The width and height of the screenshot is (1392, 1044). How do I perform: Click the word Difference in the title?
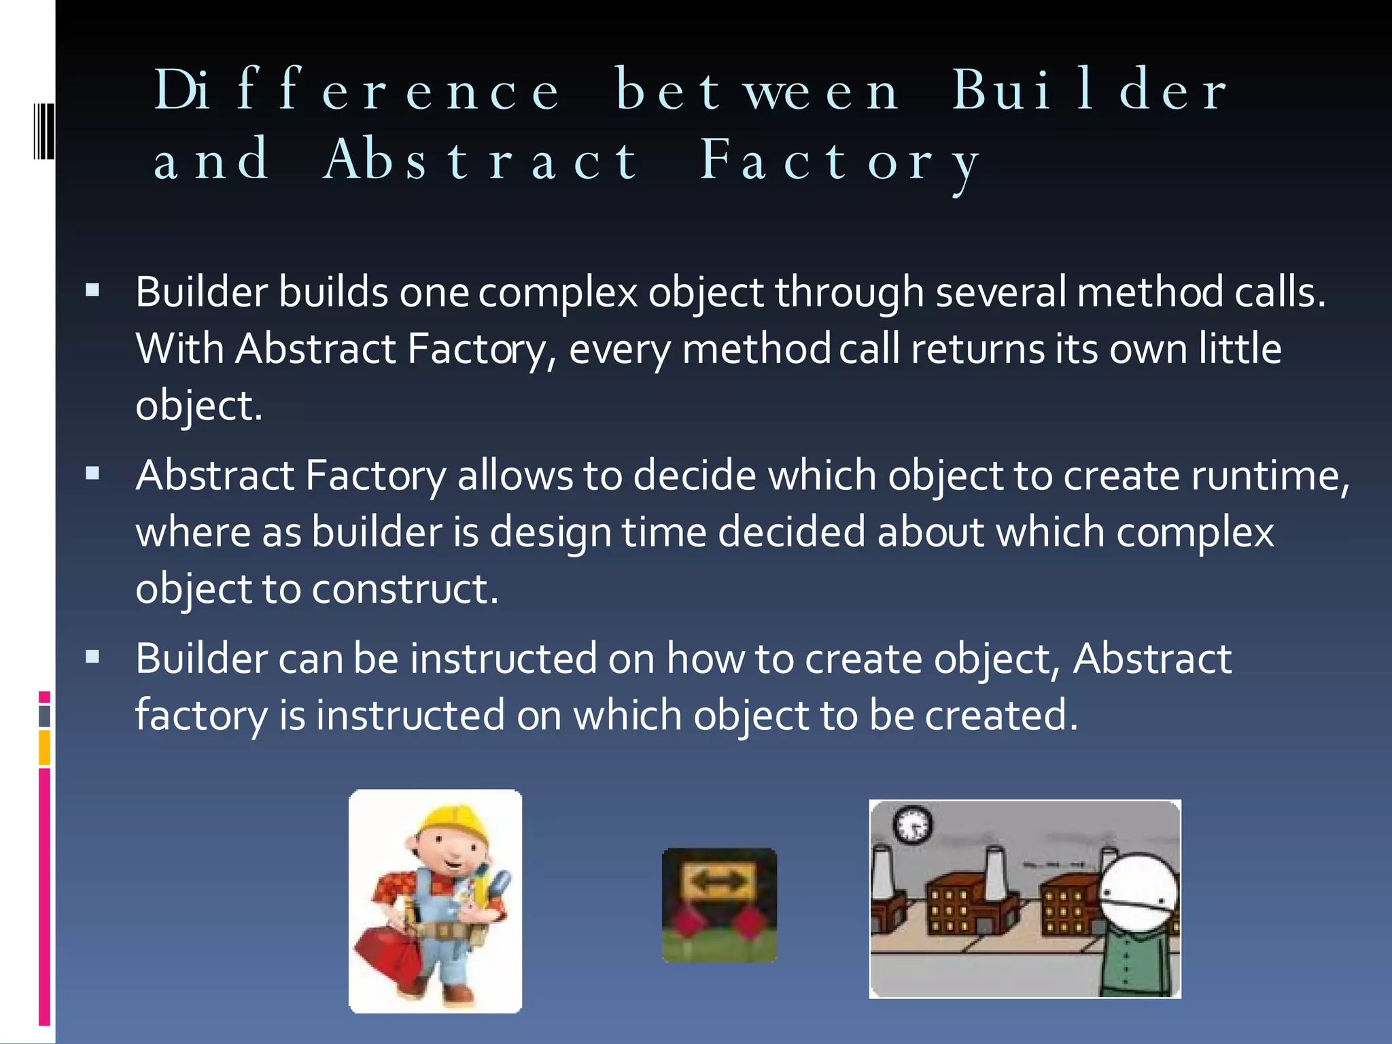coord(357,90)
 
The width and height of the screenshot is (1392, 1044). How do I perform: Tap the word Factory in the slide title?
coord(840,162)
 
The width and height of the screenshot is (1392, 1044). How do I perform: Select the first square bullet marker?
coord(93,292)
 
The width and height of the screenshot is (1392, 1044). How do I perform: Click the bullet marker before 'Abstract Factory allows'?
coord(93,474)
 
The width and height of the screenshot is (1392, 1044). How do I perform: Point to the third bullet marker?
coord(93,657)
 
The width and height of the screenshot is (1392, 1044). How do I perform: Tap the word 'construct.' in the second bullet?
coord(405,589)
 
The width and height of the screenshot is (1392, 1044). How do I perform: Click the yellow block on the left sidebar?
coord(44,748)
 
